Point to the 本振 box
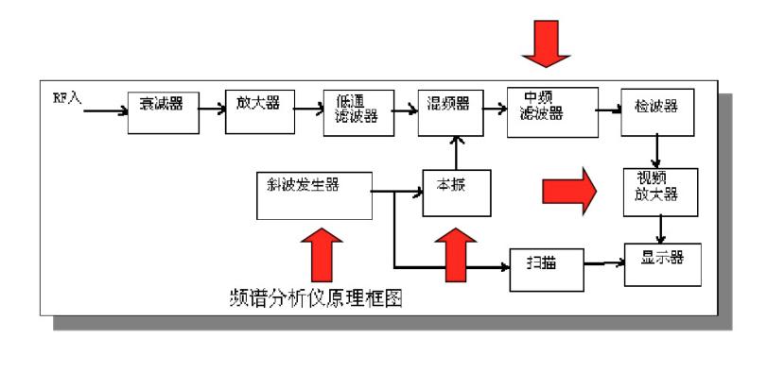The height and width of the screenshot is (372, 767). pos(458,193)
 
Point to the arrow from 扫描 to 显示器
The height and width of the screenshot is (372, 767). pos(604,263)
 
